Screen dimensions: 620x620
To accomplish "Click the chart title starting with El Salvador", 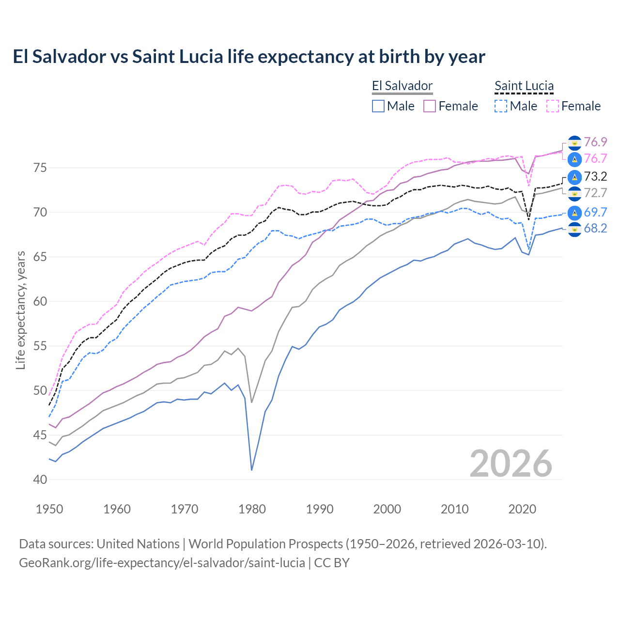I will (x=248, y=57).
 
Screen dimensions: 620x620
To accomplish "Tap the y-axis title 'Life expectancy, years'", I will (x=20, y=310).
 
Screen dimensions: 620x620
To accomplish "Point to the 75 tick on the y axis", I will (x=40, y=168).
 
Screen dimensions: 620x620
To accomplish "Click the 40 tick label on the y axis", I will (x=40, y=480).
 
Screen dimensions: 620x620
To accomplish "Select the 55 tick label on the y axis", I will (x=40, y=346).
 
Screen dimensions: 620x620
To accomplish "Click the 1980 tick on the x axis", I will (x=252, y=509).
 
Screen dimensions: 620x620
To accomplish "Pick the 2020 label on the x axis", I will (x=522, y=509).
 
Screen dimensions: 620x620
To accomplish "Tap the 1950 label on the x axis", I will (x=49, y=509).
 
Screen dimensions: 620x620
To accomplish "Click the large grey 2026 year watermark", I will (x=511, y=464).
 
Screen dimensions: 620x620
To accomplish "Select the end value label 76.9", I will (x=595, y=142).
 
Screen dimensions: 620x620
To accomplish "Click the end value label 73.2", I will (x=595, y=176).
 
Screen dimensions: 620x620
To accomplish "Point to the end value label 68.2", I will (x=595, y=229).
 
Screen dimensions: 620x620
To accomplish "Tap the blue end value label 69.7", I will (x=595, y=212).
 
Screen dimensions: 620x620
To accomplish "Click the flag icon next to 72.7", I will (x=574, y=193).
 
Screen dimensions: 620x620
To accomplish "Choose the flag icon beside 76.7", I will (x=574, y=159).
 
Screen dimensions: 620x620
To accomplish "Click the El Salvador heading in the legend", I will (x=402, y=86).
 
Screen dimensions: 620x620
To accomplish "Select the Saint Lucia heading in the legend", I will (x=524, y=86).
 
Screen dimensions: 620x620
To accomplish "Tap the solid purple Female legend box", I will (x=430, y=106).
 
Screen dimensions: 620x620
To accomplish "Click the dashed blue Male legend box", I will (x=501, y=106).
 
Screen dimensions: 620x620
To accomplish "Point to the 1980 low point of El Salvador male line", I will (x=252, y=470).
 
